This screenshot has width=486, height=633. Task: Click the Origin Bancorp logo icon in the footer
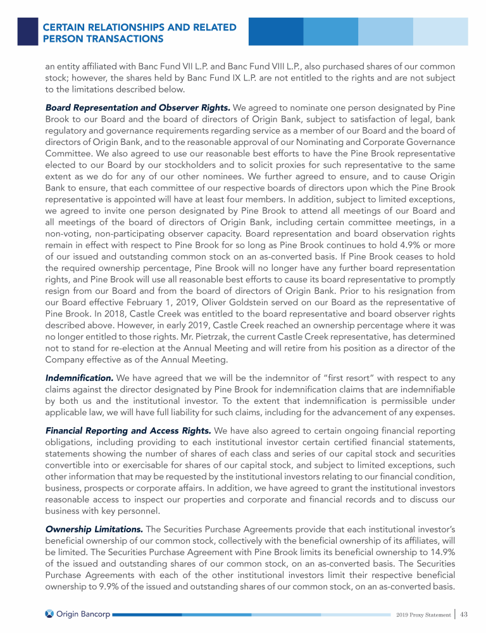51,613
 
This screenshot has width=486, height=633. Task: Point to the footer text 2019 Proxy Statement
421,614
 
